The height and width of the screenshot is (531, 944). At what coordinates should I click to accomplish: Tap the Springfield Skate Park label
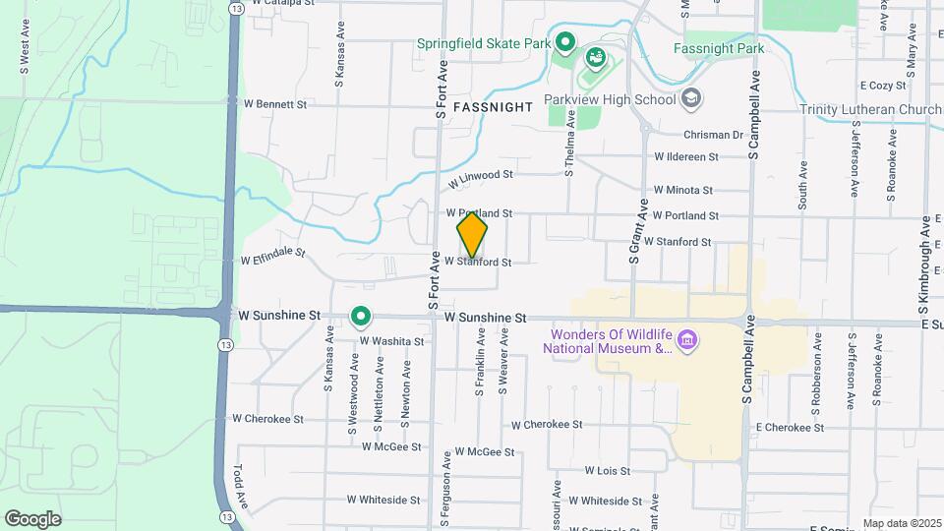click(x=482, y=43)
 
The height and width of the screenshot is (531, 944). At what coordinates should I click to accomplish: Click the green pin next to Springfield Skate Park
click(x=564, y=42)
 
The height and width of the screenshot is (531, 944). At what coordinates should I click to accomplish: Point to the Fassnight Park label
click(x=719, y=48)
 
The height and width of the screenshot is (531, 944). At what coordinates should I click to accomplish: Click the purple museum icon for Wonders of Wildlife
click(x=687, y=341)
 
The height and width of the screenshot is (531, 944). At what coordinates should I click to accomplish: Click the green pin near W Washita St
click(x=361, y=317)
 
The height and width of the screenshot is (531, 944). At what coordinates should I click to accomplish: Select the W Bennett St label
click(x=275, y=103)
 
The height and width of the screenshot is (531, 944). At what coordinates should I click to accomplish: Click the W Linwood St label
click(x=482, y=179)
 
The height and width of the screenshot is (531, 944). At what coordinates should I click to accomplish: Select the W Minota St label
click(x=682, y=190)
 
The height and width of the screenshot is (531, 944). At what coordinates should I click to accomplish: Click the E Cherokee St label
click(x=790, y=428)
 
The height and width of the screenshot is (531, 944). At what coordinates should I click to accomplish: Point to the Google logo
click(x=32, y=518)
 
